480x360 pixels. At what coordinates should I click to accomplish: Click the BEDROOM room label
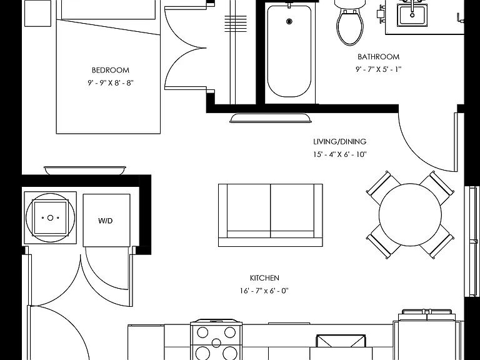111,70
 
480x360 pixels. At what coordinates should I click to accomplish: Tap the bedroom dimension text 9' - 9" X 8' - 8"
111,83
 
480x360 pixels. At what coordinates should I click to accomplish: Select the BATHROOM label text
378,57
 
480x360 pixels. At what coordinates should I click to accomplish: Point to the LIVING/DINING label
340,141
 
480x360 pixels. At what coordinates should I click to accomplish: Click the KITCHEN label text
264,278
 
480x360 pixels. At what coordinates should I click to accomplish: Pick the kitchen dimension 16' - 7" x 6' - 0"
264,291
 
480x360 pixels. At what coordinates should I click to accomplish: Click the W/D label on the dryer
105,221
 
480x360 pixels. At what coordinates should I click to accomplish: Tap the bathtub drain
289,21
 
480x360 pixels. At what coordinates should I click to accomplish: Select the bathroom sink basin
412,15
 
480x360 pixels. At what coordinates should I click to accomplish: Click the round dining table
410,214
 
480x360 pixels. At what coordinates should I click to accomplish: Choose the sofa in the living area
270,215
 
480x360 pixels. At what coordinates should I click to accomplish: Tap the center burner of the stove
216,343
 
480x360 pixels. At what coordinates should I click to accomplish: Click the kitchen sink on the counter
341,341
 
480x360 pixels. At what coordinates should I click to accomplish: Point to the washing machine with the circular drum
50,218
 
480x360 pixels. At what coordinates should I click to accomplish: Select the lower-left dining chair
383,242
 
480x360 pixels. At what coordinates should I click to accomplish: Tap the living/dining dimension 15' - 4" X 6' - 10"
340,154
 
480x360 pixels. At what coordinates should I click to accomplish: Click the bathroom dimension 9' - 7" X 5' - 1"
378,69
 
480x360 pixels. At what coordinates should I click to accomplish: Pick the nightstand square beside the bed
37,14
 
